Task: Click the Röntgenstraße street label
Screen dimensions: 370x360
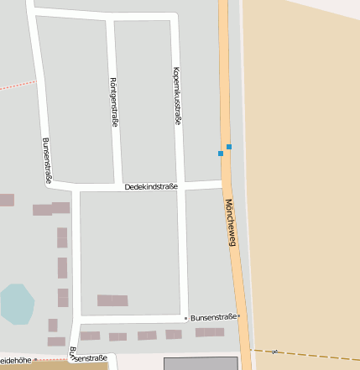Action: click(113, 102)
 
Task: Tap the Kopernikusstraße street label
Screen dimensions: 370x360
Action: click(177, 96)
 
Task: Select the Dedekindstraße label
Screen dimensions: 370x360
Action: click(151, 186)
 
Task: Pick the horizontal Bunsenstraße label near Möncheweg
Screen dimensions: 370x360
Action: click(212, 318)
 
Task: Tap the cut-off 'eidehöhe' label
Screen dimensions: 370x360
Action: click(16, 360)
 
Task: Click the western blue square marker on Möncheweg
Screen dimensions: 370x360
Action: click(221, 154)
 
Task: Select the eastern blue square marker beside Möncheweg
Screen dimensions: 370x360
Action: click(228, 147)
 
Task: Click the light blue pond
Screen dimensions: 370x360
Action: click(17, 304)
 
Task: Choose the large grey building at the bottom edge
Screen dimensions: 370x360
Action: click(200, 363)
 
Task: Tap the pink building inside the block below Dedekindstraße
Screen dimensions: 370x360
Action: click(112, 300)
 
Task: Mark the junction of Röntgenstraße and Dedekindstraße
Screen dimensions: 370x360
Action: click(118, 183)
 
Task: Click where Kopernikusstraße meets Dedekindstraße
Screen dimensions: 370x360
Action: click(181, 182)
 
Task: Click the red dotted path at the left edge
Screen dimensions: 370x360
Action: click(17, 85)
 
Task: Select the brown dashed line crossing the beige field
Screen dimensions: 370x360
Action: click(302, 352)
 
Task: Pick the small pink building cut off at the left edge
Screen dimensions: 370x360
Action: click(6, 200)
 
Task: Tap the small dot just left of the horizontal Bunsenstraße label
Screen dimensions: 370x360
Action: click(185, 318)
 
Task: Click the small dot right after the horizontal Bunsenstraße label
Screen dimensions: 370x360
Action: click(238, 316)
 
